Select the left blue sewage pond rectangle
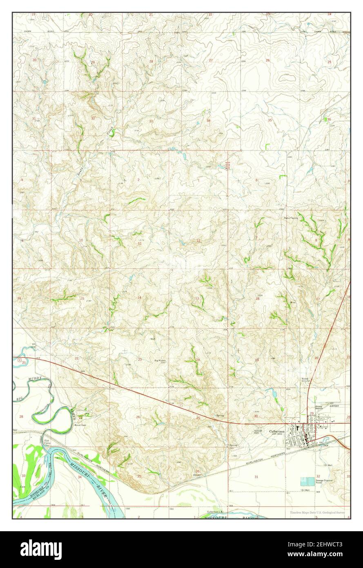tap(304, 481)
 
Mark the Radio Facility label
tap(291, 218)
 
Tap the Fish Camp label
tap(47, 442)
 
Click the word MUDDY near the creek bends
tap(34, 379)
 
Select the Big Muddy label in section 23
tap(160, 360)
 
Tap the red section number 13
tap(197, 298)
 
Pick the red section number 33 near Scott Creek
tap(151, 121)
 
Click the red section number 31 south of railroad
tap(256, 477)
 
